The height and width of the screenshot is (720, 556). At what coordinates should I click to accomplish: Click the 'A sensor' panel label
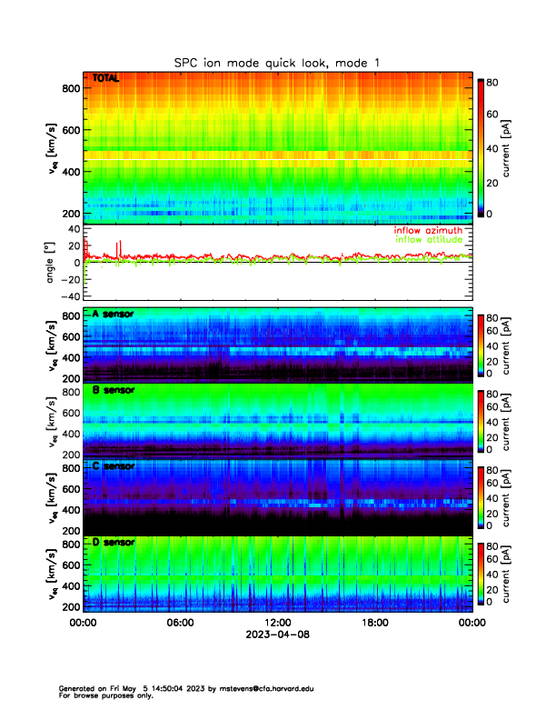coord(113,315)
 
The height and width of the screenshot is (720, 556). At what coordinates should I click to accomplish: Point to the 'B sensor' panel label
coord(113,391)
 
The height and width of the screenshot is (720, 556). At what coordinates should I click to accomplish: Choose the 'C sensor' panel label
coord(113,466)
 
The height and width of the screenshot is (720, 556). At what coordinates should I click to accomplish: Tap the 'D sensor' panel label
coord(113,542)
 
